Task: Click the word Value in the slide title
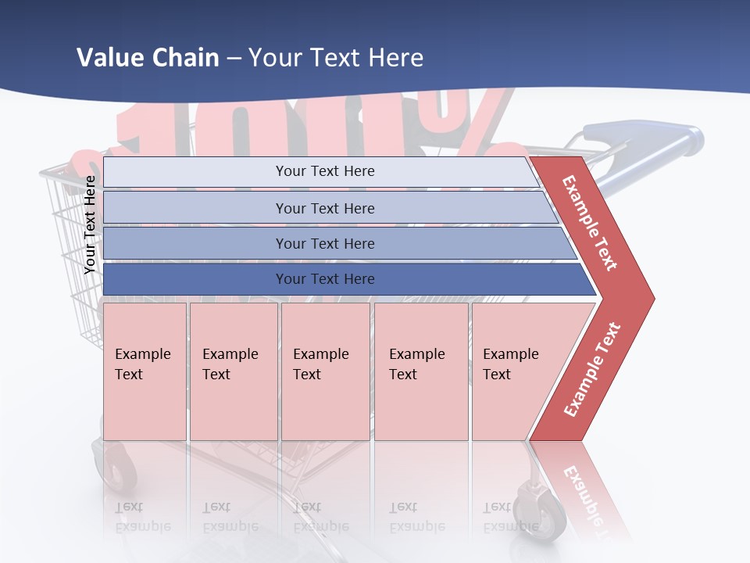108,58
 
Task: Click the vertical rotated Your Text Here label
91,224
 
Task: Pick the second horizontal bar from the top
325,208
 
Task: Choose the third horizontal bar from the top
325,243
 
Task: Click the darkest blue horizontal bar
325,279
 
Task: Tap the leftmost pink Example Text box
145,371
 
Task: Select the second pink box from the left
233,371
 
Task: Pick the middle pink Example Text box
325,371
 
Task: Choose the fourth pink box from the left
421,371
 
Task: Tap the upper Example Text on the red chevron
591,223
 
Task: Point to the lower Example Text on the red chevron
592,369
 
